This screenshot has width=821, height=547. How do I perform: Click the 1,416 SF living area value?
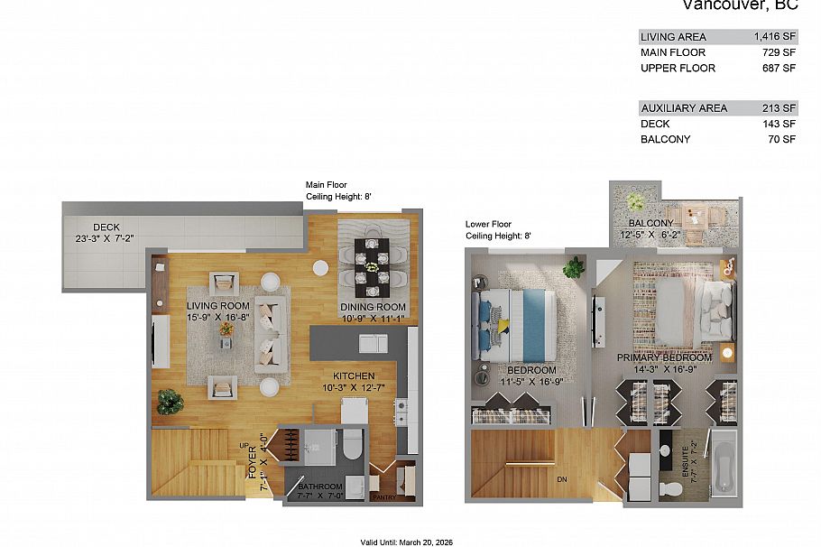[774, 37]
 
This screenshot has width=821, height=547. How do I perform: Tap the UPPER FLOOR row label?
[678, 68]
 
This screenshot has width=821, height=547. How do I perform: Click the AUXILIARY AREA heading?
[683, 108]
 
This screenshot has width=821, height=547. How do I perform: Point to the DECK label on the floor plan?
[106, 227]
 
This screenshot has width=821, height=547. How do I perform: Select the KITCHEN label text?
[354, 376]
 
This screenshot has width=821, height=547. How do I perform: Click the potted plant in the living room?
[170, 400]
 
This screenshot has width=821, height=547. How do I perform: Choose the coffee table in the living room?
[226, 329]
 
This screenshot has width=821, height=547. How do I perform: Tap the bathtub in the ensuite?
[724, 465]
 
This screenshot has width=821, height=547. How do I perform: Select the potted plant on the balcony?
[636, 200]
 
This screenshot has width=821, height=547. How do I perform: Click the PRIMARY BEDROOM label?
[664, 357]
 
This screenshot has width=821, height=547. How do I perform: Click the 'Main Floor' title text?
[326, 185]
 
